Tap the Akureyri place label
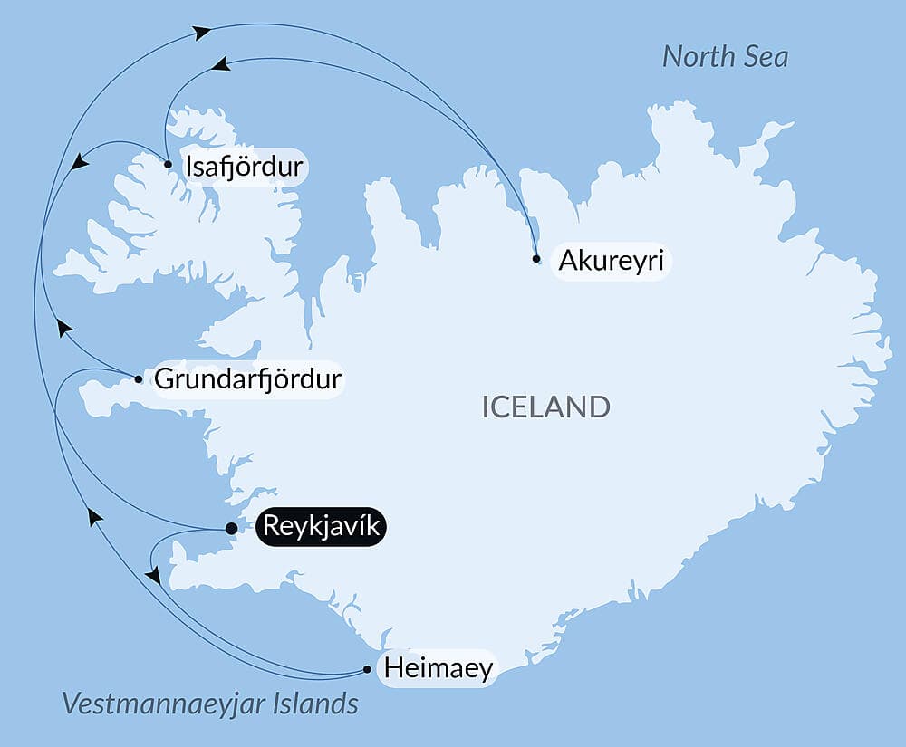coord(612,261)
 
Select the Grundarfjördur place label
coord(248,378)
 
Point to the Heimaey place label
coord(439,669)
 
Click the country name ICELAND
coord(545,407)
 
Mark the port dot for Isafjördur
coord(168,165)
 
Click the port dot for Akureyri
coord(536,259)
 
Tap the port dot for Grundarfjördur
coord(138,379)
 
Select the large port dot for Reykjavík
coord(231,528)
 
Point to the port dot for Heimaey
coord(367,670)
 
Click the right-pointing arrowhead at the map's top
coord(202,33)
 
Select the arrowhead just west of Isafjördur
coord(80,162)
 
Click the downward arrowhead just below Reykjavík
coord(153,575)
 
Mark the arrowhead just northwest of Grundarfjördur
coord(63,328)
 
